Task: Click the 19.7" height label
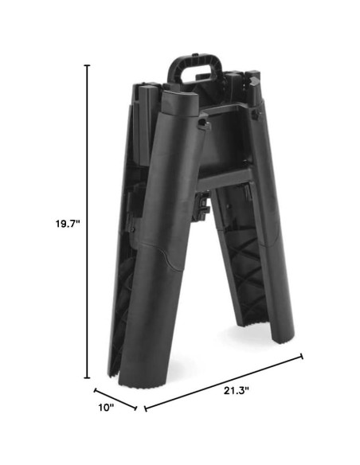coord(68,224)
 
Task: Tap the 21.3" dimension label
coord(236,391)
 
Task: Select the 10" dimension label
coord(106,408)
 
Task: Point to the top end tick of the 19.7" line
coord(87,65)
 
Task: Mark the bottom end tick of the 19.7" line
coord(87,377)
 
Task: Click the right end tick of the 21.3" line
coord(302,356)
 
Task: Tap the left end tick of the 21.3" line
coord(145,408)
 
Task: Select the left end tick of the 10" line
coord(96,390)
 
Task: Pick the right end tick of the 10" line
coord(136,408)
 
